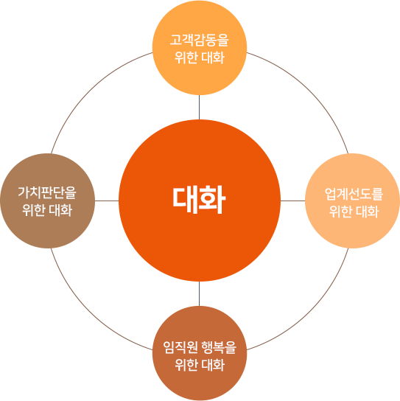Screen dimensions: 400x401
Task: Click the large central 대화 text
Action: tap(199, 200)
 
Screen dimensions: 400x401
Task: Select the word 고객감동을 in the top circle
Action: tap(200, 40)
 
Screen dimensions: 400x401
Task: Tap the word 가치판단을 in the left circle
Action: tap(47, 192)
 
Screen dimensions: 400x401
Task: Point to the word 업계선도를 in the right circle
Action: tap(354, 194)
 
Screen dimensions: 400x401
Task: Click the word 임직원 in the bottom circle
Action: tap(180, 347)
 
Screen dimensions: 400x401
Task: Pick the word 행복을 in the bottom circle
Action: tap(219, 347)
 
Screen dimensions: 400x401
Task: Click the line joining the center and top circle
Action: tap(199, 107)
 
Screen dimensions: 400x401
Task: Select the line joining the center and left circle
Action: tap(107, 200)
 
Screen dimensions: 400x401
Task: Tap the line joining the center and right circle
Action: tap(293, 200)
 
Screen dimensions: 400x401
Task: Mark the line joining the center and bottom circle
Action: tap(199, 293)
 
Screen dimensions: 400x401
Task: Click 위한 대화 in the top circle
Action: tap(200, 57)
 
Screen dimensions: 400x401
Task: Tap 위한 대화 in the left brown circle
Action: tap(47, 210)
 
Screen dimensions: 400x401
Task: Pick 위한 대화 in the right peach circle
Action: tap(354, 212)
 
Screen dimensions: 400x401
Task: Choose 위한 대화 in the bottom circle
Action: tap(200, 365)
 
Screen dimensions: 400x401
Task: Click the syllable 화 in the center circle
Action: tap(213, 200)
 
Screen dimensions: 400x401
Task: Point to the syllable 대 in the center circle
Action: tap(186, 200)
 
